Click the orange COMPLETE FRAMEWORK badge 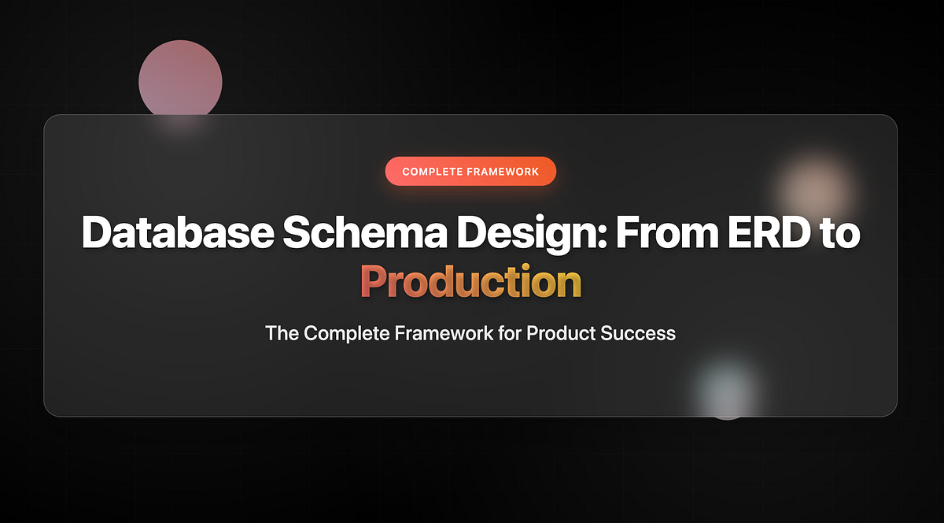(470, 171)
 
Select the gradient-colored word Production (470, 281)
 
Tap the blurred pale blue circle (727, 388)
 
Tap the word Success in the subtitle (638, 333)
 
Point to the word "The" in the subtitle (282, 333)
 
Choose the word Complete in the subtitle (347, 333)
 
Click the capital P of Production (374, 281)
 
